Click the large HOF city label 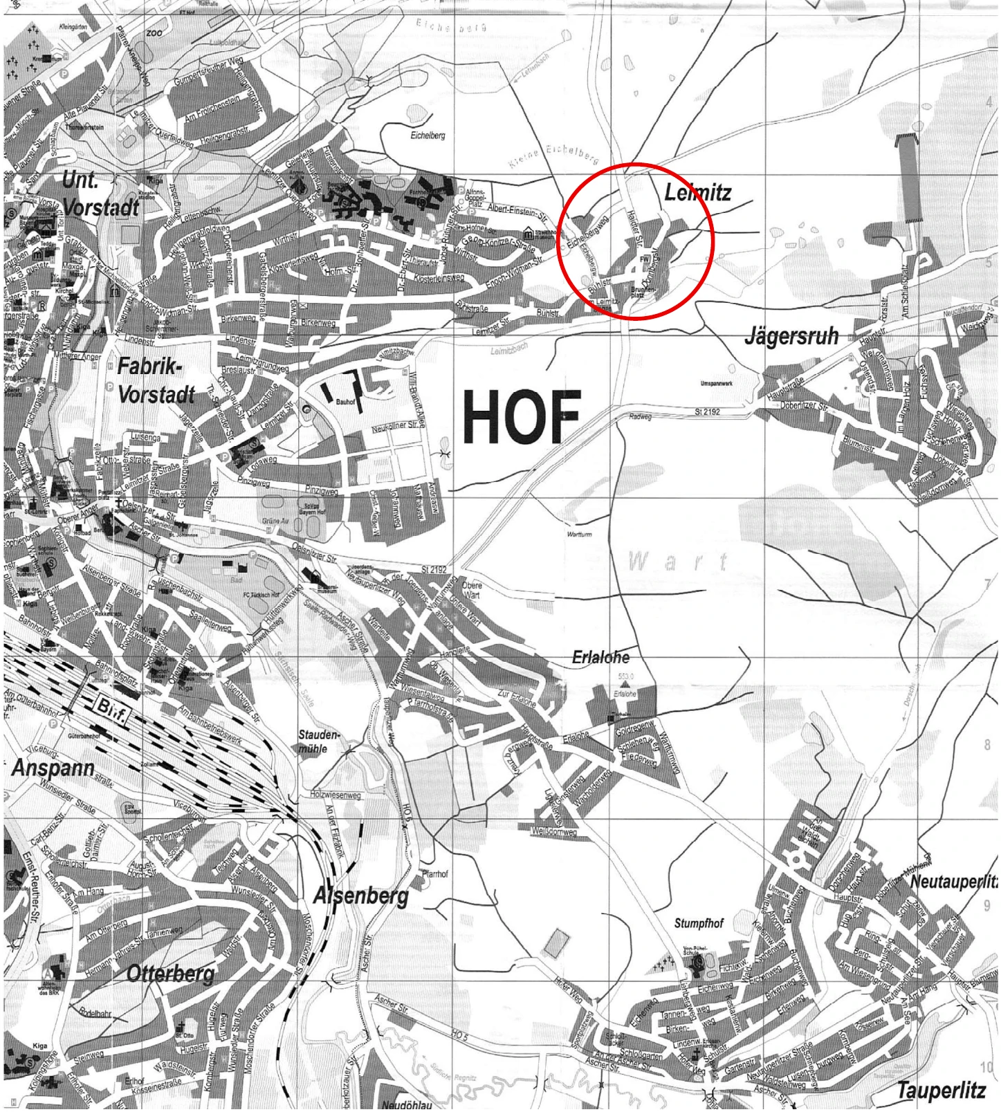[x=522, y=417]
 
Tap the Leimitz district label [x=697, y=192]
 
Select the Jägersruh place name [x=791, y=337]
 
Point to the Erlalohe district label [x=600, y=658]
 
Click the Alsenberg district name [x=360, y=896]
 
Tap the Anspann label [x=53, y=768]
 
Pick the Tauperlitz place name [x=940, y=1092]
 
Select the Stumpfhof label [x=699, y=923]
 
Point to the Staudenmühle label [x=319, y=741]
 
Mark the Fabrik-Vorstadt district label [x=156, y=381]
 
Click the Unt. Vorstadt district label [x=100, y=194]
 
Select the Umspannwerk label [x=717, y=383]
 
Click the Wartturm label [x=579, y=535]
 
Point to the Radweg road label [x=641, y=417]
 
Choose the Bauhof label [x=345, y=401]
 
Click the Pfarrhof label [x=435, y=874]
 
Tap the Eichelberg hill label [x=428, y=136]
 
